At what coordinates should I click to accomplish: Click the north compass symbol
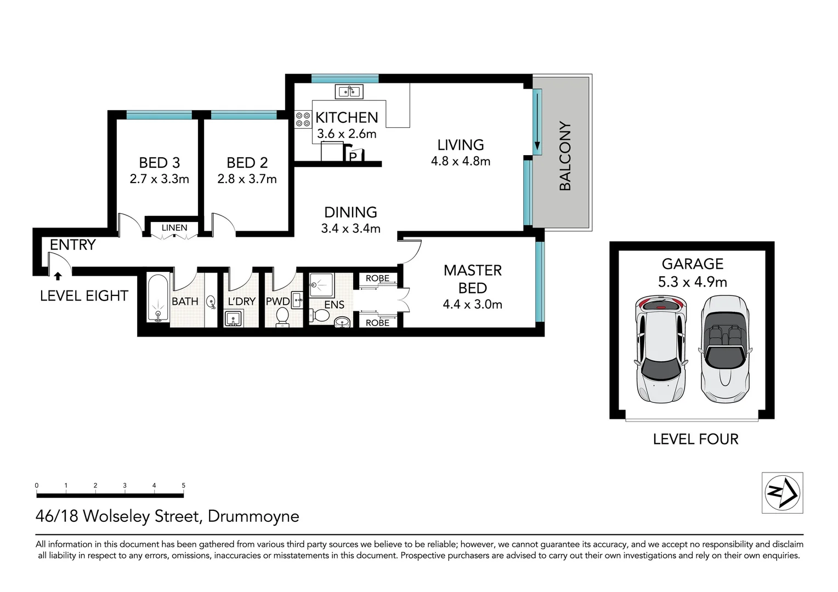(782, 493)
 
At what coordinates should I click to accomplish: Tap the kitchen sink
(349, 91)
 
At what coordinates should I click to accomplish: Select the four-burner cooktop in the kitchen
(303, 119)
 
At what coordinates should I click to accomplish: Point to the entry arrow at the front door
(58, 276)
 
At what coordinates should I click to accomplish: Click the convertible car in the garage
(725, 349)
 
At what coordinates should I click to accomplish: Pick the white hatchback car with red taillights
(661, 349)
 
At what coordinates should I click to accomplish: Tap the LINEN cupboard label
(174, 227)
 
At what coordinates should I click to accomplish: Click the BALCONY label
(565, 156)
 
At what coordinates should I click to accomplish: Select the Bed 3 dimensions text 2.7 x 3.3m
(160, 179)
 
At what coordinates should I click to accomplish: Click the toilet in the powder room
(282, 317)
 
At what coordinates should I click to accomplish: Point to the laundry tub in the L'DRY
(234, 320)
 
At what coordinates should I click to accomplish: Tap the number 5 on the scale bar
(183, 486)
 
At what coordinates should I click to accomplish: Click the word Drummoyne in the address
(253, 516)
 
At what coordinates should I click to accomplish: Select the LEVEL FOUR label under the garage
(696, 439)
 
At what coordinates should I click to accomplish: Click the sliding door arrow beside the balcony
(537, 121)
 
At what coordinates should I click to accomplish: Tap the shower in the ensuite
(321, 286)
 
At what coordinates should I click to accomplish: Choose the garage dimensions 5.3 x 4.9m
(693, 282)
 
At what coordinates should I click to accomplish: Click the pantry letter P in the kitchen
(353, 157)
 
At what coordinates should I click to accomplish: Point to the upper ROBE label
(377, 278)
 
